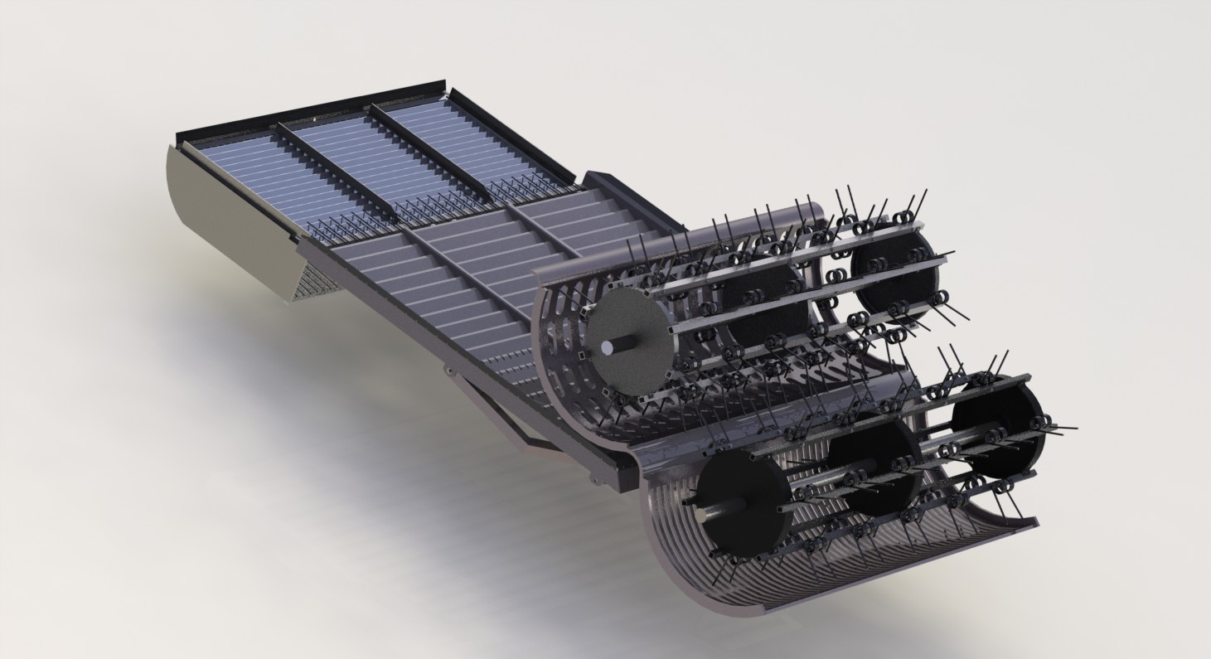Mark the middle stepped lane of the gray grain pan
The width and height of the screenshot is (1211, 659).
tap(489, 257)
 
